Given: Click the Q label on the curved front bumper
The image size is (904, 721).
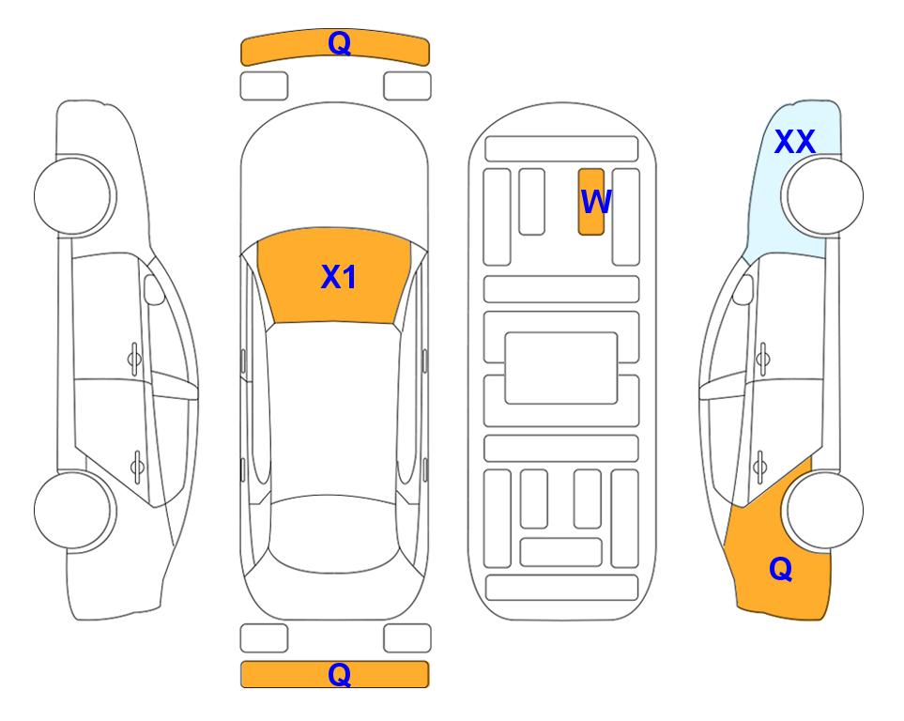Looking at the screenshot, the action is [x=339, y=43].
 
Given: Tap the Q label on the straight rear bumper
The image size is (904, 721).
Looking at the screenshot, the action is [x=339, y=674].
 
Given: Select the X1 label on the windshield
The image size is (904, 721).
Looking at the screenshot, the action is [x=339, y=277].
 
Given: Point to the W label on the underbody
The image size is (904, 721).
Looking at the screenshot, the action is [x=595, y=201].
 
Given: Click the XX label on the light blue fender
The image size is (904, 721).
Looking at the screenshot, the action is [x=794, y=142].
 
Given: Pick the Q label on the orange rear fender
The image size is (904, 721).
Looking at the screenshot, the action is [x=781, y=569].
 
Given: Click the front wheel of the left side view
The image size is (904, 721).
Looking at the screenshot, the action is [x=75, y=195].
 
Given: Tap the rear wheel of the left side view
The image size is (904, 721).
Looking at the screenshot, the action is [x=75, y=511].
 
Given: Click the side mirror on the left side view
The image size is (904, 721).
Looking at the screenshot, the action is [x=154, y=289].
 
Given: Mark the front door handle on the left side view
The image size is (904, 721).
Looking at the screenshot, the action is [x=134, y=360].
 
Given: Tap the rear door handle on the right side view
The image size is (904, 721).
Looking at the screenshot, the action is [x=760, y=468].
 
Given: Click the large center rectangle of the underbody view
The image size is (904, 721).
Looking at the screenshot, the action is [x=561, y=368].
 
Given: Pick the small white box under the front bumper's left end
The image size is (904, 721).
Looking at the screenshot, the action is [x=264, y=86].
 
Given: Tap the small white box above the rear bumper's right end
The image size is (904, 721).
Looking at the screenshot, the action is [x=407, y=638].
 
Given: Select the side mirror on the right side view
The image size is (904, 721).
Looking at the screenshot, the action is [x=743, y=289].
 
